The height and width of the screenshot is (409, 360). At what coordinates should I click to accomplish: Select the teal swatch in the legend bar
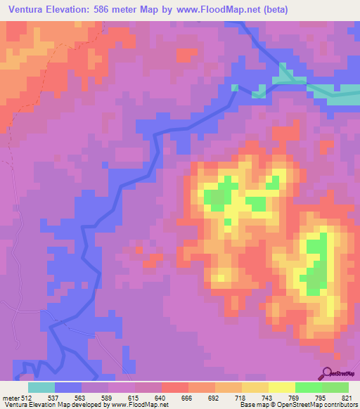(x=41, y=387)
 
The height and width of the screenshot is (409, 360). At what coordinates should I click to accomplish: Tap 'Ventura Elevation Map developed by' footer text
(x=53, y=405)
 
